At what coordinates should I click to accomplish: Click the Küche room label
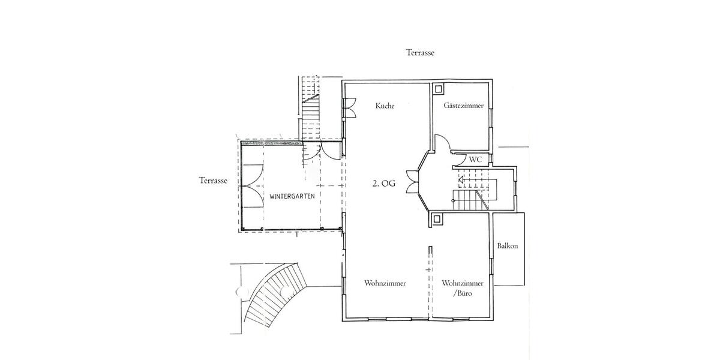[385, 106]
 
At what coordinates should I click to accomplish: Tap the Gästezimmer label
[464, 106]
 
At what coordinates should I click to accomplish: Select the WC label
[475, 160]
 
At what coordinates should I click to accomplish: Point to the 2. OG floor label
[384, 184]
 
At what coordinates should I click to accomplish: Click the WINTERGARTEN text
[292, 196]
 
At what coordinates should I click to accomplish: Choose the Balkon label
[507, 246]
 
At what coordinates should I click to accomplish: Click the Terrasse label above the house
[419, 53]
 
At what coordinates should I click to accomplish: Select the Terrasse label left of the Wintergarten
[213, 181]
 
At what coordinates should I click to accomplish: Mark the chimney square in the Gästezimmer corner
[438, 89]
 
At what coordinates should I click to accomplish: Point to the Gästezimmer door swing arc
[442, 143]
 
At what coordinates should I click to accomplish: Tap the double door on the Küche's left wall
[348, 106]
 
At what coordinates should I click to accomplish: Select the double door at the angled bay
[412, 182]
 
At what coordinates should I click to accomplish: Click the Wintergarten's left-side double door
[253, 185]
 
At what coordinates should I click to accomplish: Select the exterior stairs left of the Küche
[311, 108]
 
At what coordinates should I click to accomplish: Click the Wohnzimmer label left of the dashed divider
[385, 283]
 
